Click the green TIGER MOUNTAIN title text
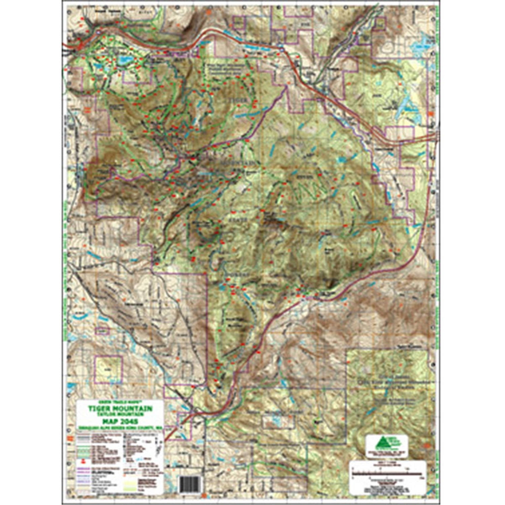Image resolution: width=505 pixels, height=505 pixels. coord(120,408)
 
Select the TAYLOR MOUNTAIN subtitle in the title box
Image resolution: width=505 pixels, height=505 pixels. coord(120,414)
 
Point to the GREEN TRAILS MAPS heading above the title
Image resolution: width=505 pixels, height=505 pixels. coord(120,403)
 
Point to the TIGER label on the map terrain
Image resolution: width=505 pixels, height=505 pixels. coord(238,100)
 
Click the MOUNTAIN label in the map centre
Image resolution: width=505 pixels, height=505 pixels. coord(240,162)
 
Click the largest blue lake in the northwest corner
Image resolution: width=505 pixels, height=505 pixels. coord(124,61)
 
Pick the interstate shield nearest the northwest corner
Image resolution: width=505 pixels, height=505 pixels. coord(98,33)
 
